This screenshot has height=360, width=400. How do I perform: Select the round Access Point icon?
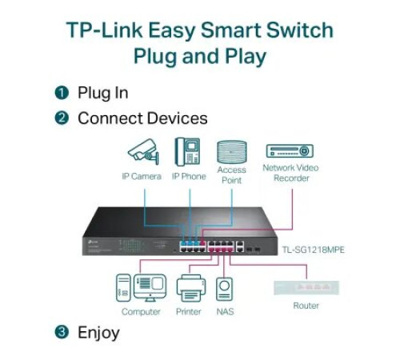[232, 152]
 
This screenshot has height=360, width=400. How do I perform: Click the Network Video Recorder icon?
[289, 151]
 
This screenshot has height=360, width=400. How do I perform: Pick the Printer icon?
[188, 289]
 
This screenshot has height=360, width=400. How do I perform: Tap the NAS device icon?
[225, 290]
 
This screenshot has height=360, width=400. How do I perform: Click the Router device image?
[306, 286]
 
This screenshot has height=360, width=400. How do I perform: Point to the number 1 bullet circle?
[62, 93]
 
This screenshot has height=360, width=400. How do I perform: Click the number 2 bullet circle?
[62, 118]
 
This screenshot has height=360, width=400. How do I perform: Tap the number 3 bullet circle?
[62, 332]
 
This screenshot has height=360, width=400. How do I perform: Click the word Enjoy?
[98, 332]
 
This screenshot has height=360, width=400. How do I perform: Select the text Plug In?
[102, 93]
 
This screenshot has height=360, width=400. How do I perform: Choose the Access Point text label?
[232, 175]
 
